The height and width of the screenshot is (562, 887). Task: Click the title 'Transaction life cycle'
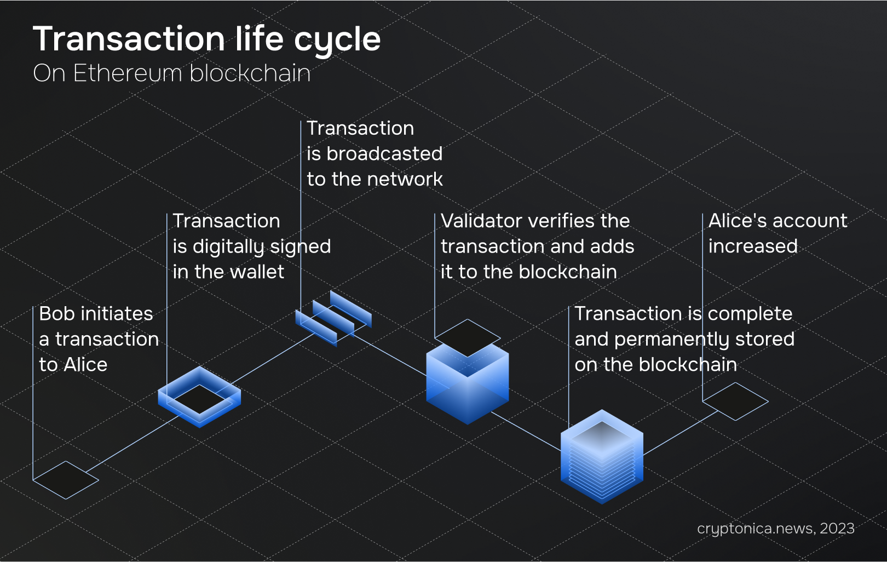tap(207, 39)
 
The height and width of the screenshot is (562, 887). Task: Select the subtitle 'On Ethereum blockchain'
tap(172, 73)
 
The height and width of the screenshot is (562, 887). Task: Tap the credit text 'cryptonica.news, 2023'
tap(776, 529)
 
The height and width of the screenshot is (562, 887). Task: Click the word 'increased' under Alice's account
tap(753, 246)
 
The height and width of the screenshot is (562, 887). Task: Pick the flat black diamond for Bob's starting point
tap(66, 480)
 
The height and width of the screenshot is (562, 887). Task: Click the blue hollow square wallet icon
tap(199, 397)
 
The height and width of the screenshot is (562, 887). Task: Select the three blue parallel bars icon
tap(333, 318)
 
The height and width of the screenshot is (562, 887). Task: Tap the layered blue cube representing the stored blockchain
tap(602, 457)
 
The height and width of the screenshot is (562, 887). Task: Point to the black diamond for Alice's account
tap(735, 401)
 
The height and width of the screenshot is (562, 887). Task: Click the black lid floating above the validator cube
tap(468, 338)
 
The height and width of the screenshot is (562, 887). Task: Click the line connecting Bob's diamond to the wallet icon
tap(134, 444)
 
